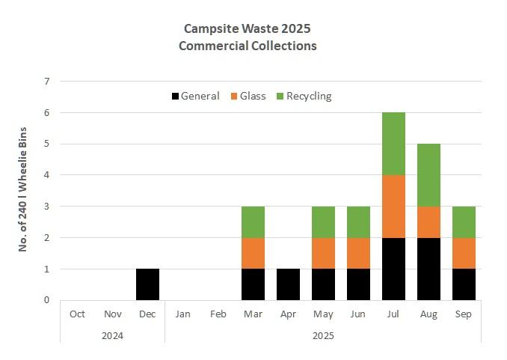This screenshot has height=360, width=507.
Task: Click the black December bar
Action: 147,284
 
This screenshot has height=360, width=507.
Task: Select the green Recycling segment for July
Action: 393,144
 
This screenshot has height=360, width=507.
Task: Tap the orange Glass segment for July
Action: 393,207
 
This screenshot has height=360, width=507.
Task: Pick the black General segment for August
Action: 428,269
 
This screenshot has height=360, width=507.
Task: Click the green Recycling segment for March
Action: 253,222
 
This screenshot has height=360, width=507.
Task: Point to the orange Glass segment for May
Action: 323,253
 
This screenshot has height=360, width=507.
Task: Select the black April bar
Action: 288,284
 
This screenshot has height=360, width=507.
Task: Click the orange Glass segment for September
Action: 464,253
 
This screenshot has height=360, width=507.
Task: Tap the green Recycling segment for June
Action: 358,222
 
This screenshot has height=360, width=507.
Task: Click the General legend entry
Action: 195,96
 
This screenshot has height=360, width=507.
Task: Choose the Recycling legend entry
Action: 304,96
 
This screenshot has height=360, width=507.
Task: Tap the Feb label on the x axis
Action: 218,314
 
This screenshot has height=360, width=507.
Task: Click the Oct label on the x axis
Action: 77,314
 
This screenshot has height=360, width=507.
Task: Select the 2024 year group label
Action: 112,335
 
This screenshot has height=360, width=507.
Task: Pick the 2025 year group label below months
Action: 323,335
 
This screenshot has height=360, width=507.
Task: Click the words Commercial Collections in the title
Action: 248,46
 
